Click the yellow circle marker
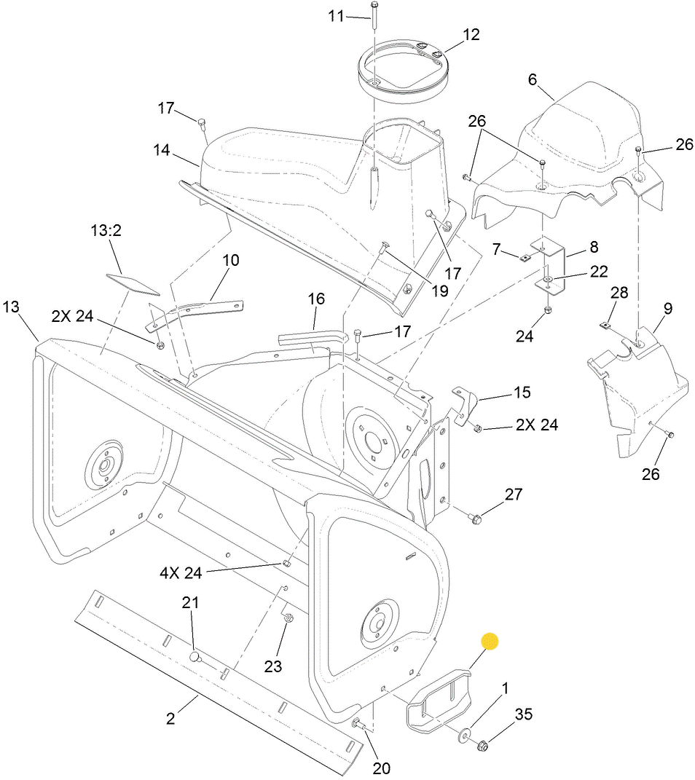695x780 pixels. (x=490, y=641)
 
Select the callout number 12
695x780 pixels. (x=471, y=34)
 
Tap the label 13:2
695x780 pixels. (x=106, y=231)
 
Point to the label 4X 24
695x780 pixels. (x=180, y=572)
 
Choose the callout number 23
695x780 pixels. (x=272, y=666)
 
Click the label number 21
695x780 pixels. (x=190, y=602)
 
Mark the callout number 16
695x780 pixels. (x=315, y=299)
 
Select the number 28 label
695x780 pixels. (x=619, y=292)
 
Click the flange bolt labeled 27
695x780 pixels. (x=475, y=519)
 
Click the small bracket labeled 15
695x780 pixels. (x=464, y=404)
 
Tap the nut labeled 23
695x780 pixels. (x=288, y=620)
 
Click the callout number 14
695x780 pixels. (x=161, y=150)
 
